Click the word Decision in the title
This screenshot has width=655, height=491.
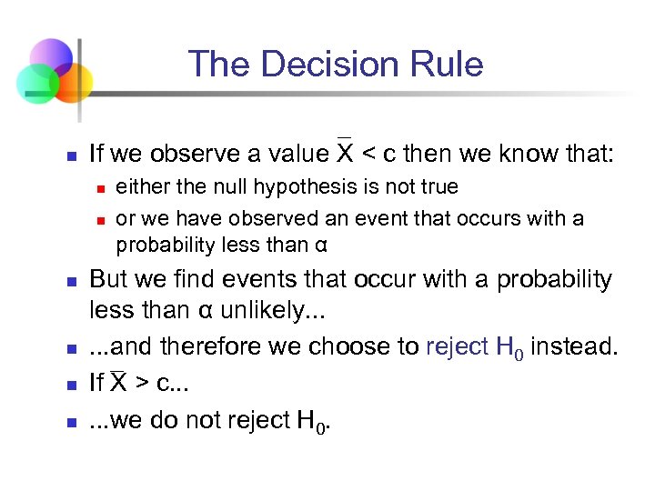(334, 65)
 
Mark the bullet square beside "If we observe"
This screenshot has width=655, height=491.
(70, 155)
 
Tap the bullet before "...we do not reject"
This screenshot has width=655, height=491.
(70, 421)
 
